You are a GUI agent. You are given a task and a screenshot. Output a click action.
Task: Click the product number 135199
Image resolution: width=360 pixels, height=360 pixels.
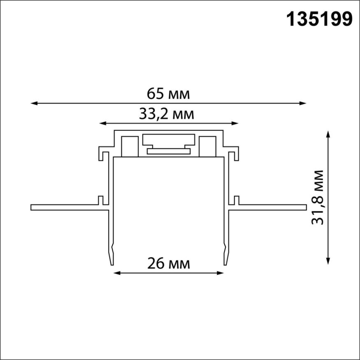click(x=319, y=19)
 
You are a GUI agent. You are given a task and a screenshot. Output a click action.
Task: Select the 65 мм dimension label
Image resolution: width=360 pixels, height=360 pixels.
click(x=168, y=94)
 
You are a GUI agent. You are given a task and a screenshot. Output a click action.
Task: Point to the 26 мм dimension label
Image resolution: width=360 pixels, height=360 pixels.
click(x=169, y=263)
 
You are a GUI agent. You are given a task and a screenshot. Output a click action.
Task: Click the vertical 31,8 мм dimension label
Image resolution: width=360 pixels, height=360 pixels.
click(x=317, y=197)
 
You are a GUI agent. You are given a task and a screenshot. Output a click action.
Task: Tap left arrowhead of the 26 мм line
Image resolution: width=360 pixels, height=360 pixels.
click(x=116, y=272)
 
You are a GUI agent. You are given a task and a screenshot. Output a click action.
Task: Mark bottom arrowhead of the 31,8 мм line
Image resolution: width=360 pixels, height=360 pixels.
click(x=328, y=261)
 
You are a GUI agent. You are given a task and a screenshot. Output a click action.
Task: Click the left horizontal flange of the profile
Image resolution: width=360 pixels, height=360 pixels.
click(x=66, y=207)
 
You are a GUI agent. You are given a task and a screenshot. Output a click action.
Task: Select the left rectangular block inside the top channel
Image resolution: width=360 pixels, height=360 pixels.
click(x=129, y=146)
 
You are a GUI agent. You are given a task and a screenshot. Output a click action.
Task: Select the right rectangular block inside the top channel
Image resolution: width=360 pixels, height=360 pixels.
click(x=207, y=146)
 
